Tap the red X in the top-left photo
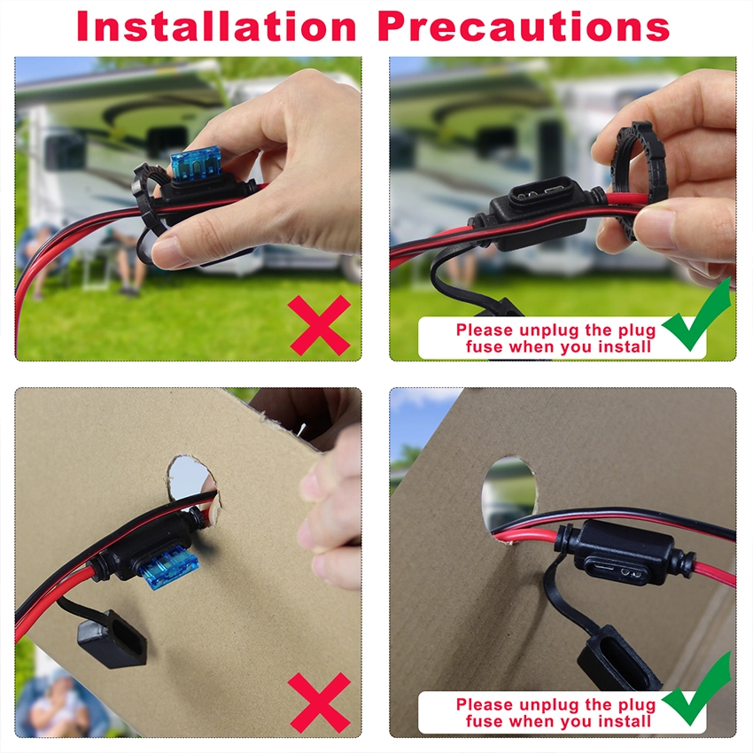pyautogui.click(x=320, y=325)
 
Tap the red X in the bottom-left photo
pyautogui.click(x=320, y=701)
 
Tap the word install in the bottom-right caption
pyautogui.click(x=620, y=721)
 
